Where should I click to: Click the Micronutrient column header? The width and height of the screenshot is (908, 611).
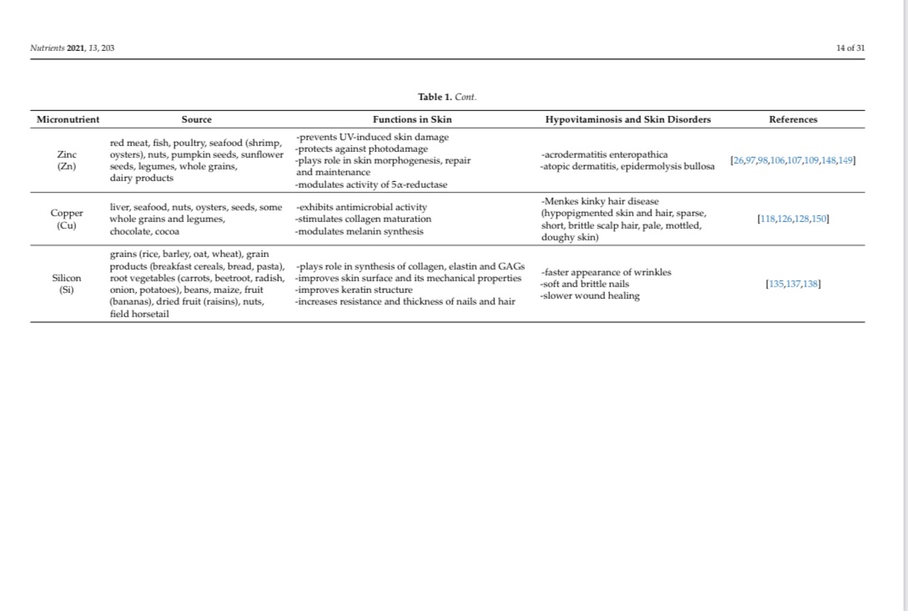click(68, 119)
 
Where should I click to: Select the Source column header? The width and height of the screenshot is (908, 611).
click(197, 119)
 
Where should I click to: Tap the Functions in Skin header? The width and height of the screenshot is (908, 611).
click(412, 119)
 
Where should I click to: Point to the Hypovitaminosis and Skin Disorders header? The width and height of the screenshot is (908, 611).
click(628, 119)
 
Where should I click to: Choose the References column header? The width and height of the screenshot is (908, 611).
click(793, 119)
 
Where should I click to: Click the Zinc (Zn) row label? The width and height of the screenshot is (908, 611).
click(68, 160)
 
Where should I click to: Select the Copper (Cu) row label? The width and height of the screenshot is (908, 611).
click(68, 219)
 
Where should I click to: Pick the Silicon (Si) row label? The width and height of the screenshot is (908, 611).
click(68, 284)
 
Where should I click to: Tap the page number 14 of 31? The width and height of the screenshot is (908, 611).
click(850, 48)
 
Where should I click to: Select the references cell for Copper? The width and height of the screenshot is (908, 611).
click(793, 219)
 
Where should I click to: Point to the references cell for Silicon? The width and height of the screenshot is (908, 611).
click(793, 284)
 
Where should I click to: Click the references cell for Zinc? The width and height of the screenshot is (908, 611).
click(793, 160)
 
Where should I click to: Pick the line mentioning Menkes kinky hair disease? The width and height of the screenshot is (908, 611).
click(599, 201)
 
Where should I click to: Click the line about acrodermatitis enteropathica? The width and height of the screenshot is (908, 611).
click(603, 154)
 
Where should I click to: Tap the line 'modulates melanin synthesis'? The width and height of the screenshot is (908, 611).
click(359, 231)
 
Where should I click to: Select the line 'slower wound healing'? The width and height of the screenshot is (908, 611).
click(589, 295)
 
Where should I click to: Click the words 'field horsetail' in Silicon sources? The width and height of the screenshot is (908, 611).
click(139, 315)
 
